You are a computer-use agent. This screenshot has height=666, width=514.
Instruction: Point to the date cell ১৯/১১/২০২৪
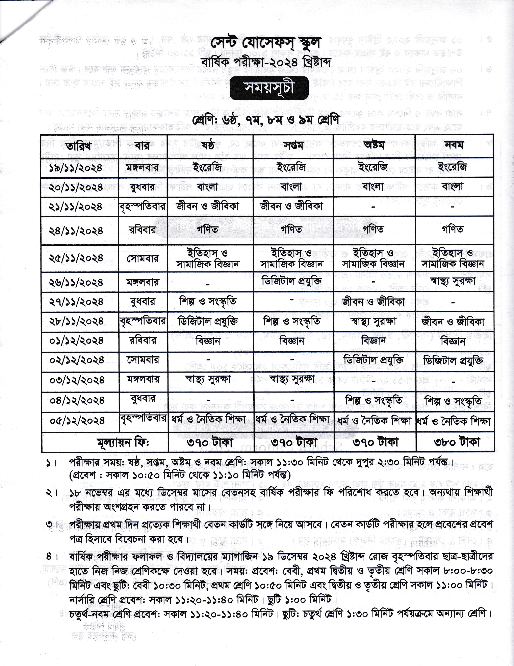[x=76, y=168]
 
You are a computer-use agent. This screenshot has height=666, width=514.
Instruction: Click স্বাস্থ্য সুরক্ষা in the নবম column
[x=453, y=281]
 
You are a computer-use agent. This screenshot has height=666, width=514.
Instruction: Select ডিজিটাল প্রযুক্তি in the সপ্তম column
[x=292, y=281]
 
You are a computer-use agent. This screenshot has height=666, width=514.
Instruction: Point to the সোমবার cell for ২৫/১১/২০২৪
[x=143, y=259]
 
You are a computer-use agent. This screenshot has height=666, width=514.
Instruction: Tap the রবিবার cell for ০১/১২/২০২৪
[x=143, y=340]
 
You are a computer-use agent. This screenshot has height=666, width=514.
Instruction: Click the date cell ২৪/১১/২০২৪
[x=76, y=230]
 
